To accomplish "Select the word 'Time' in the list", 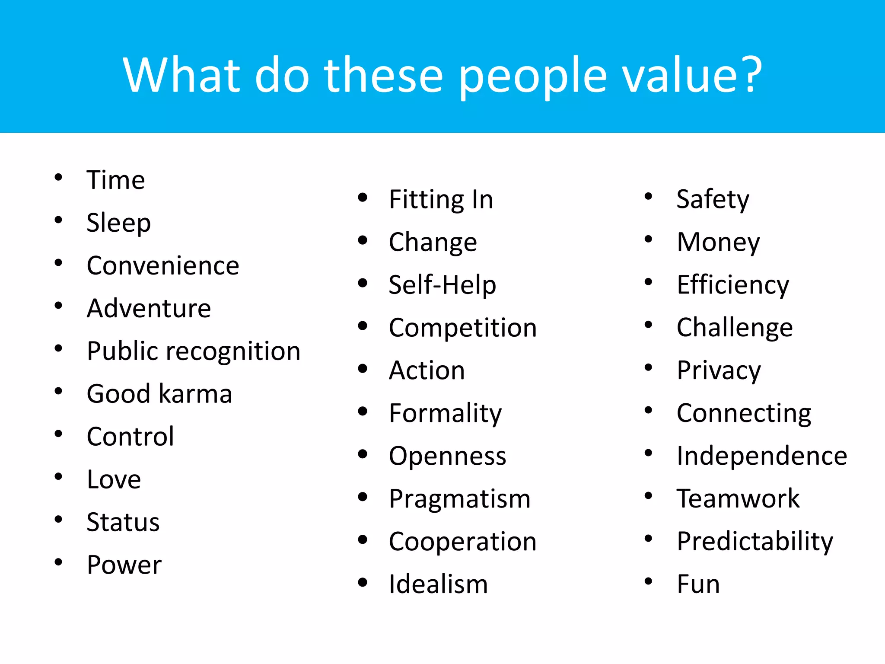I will [x=115, y=180].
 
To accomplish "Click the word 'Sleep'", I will [x=118, y=223].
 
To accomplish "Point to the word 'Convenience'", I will [x=163, y=265].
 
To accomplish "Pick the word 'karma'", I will [x=195, y=394].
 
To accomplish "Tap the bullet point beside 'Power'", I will [x=58, y=562].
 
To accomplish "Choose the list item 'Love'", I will [x=114, y=479].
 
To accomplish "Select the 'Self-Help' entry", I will [x=442, y=285].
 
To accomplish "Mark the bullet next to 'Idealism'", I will [x=363, y=582].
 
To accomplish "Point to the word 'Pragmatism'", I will [x=459, y=499].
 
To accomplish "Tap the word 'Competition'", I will [x=462, y=328].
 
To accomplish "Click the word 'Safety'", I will [x=713, y=200].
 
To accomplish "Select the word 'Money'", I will [x=718, y=242].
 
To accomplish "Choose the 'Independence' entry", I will [x=762, y=456].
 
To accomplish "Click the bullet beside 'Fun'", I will [x=648, y=581].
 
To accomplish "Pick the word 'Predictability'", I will [x=755, y=541].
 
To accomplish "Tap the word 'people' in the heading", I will [x=532, y=75].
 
